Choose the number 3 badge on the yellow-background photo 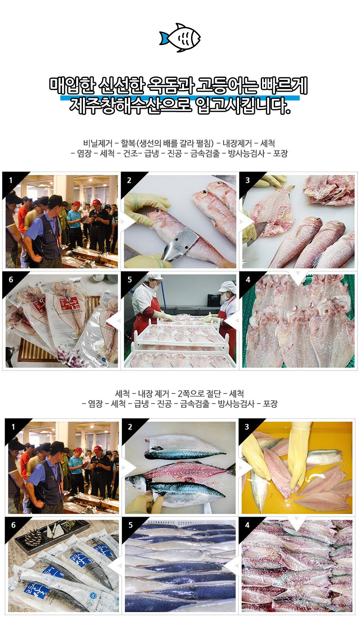point(247,427)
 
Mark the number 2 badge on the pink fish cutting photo point(129,180)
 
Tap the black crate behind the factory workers point(214,299)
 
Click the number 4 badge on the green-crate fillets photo point(248,280)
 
